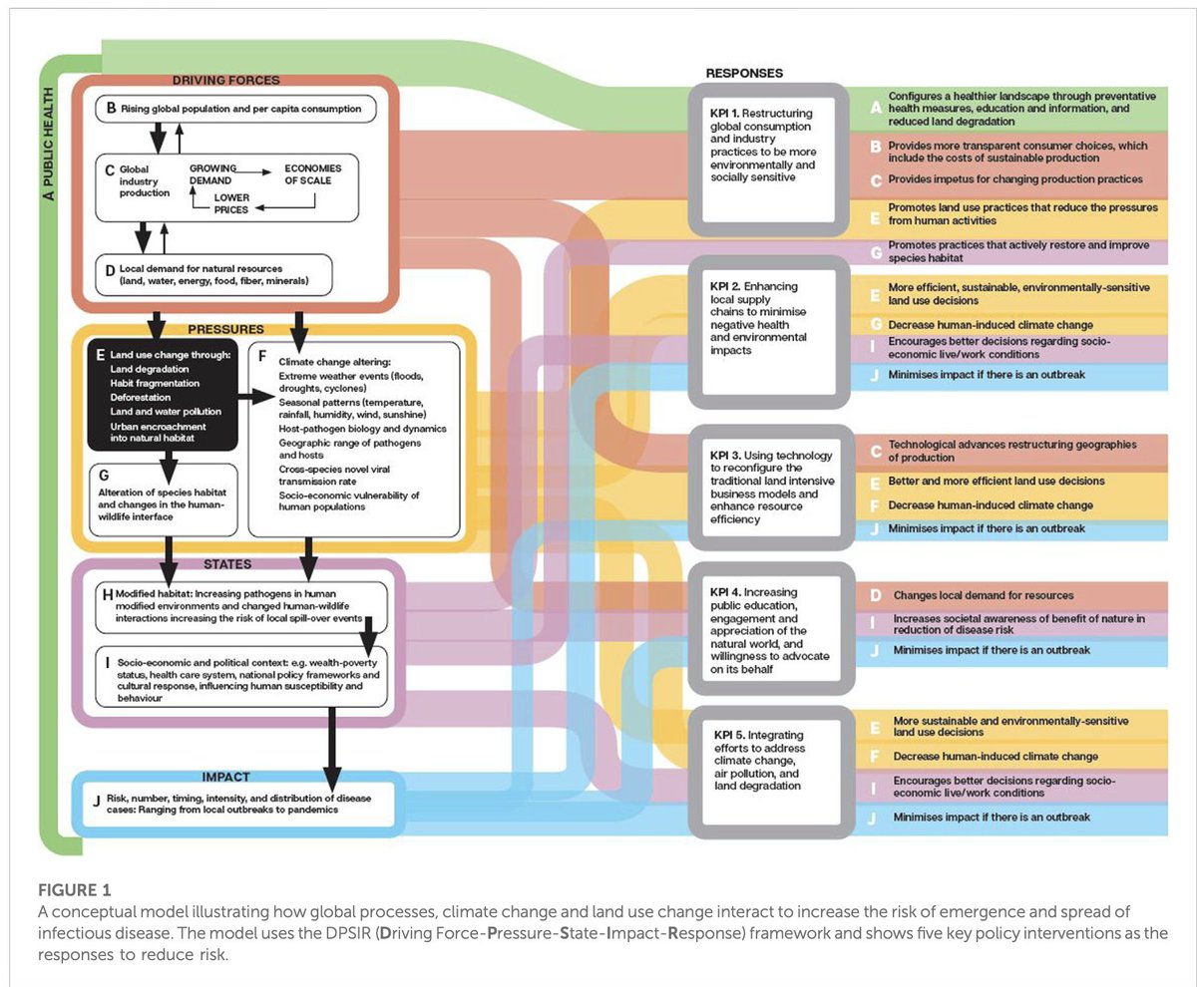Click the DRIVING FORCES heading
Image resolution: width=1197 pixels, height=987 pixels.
coord(225,80)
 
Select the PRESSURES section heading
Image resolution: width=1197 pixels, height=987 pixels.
coord(225,330)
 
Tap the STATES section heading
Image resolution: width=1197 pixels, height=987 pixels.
coord(227,564)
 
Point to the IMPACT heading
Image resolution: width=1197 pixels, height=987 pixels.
coord(225,778)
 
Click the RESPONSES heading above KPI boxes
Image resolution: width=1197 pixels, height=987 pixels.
coord(744,74)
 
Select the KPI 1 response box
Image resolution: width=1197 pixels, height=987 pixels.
coord(768,160)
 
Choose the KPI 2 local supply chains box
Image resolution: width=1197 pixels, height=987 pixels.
coord(768,332)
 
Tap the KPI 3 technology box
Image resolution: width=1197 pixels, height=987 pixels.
coord(771,488)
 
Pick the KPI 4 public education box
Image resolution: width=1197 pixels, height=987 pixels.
coord(771,628)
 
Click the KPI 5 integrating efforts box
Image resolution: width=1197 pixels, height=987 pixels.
coord(771,772)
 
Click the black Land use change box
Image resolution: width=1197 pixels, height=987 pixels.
coord(163,395)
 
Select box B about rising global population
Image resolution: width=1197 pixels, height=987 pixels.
coord(235,109)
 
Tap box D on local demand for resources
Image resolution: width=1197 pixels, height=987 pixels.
coord(213,275)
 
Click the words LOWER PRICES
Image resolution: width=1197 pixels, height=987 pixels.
coord(231,203)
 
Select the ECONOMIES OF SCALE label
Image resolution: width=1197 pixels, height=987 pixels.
coord(313,174)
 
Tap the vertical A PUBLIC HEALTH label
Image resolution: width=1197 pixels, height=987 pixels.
coord(48,144)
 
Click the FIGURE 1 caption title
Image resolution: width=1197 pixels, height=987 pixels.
coord(75,890)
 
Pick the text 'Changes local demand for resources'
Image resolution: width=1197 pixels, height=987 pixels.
coord(984,595)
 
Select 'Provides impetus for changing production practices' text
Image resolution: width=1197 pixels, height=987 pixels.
coord(1015,179)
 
